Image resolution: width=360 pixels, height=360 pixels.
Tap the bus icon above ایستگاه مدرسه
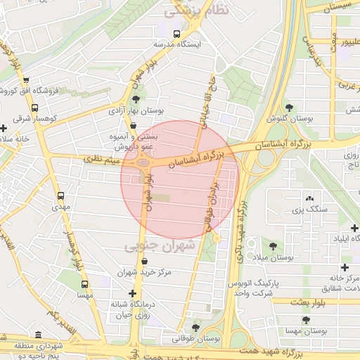pyautogui.click(x=176, y=33)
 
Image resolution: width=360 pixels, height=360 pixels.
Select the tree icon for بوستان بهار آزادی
pyautogui.click(x=136, y=99)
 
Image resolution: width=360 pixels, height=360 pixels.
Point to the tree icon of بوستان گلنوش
pyautogui.click(x=289, y=107)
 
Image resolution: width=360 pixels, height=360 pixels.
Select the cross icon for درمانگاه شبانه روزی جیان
pyautogui.click(x=132, y=293)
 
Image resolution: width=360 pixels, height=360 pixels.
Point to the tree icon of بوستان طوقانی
pyautogui.click(x=195, y=328)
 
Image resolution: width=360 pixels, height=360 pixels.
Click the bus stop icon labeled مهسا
pyautogui.click(x=85, y=285)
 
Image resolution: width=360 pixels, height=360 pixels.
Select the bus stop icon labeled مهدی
pyautogui.click(x=60, y=196)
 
